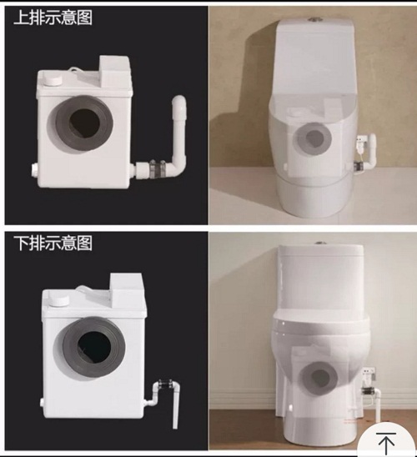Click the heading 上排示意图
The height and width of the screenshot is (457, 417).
(53, 18)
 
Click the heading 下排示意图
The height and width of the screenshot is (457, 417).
(53, 243)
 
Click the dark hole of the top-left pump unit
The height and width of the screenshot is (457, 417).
(85, 124)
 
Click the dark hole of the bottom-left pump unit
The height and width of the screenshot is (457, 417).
(95, 345)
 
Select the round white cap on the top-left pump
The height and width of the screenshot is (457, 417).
(52, 80)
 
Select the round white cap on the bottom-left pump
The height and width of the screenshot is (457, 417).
(59, 300)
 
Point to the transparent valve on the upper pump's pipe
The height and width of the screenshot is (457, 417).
(158, 168)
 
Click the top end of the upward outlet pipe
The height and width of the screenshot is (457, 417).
(179, 101)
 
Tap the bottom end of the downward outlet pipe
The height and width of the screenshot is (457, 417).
(175, 426)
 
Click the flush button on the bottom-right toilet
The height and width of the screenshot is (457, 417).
(321, 244)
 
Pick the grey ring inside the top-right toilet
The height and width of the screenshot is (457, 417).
(313, 138)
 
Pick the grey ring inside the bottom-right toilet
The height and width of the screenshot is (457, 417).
(319, 378)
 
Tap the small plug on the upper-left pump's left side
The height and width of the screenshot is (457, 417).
(34, 169)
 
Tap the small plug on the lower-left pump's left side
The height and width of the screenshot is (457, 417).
(43, 404)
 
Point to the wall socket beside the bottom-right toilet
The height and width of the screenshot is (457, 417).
(368, 375)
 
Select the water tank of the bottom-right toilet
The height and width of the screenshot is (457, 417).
(321, 277)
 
